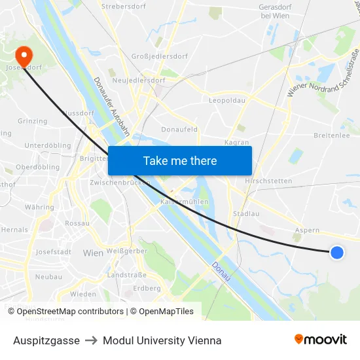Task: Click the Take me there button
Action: tap(180, 160)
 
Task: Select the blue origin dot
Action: tap(336, 252)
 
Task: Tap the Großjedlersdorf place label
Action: tap(160, 56)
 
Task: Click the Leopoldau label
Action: tap(226, 101)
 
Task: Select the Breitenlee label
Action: tap(332, 135)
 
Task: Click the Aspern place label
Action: tap(307, 230)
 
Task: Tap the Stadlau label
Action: tap(246, 213)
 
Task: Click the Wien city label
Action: tap(93, 252)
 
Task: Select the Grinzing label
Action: tap(32, 121)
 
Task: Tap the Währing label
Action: tap(39, 207)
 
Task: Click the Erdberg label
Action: tap(147, 288)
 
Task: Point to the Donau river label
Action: tap(221, 272)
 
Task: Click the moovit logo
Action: tap(321, 340)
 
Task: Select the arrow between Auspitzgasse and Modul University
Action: tap(91, 340)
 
